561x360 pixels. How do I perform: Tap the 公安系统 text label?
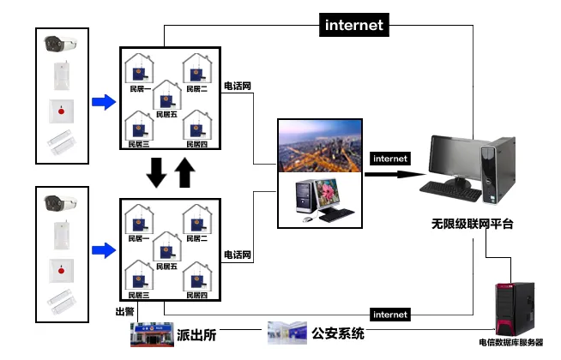pyautogui.click(x=337, y=334)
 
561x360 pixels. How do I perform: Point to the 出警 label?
pyautogui.click(x=125, y=311)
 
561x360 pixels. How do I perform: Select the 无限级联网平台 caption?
pyautogui.click(x=472, y=225)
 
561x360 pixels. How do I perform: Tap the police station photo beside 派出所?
pyautogui.click(x=150, y=335)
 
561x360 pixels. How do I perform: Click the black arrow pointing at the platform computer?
pyautogui.click(x=397, y=174)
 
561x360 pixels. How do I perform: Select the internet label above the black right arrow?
pyautogui.click(x=389, y=159)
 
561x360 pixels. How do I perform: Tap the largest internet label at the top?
pyautogui.click(x=353, y=25)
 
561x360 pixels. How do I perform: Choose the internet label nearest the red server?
pyautogui.click(x=390, y=315)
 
